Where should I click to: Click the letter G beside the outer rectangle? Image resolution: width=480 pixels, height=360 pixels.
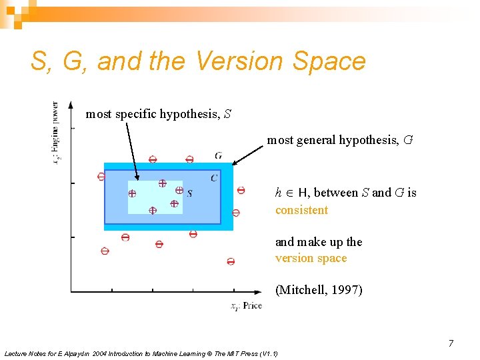(219, 155)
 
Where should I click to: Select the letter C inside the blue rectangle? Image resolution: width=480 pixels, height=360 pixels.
(213, 177)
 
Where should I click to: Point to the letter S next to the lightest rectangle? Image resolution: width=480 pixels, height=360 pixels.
(190, 193)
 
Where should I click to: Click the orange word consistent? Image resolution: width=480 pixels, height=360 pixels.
(301, 210)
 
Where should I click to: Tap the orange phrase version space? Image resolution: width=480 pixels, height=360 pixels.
(311, 258)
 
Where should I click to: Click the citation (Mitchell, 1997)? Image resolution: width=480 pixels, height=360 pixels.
(319, 290)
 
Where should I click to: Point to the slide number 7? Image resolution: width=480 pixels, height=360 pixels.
(451, 343)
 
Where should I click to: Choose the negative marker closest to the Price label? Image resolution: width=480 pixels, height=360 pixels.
(231, 262)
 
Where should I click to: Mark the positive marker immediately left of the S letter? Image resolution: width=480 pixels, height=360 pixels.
(179, 190)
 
